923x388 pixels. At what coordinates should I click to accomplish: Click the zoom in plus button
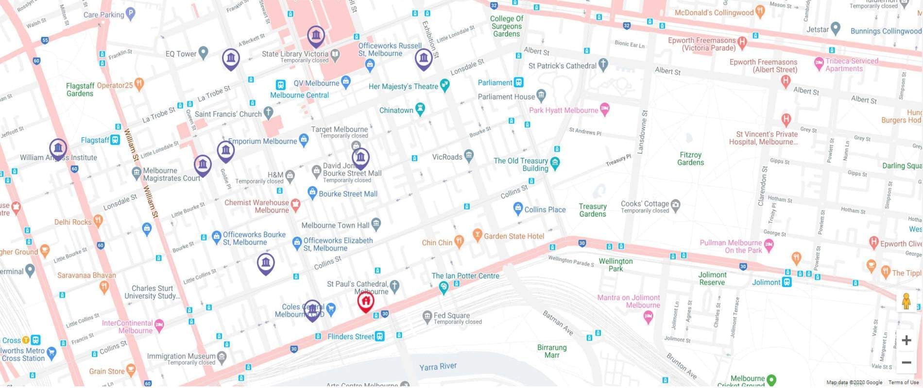tap(906, 340)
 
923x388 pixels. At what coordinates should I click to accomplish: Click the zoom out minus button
tap(906, 362)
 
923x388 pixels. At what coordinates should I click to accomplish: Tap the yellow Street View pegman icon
tap(906, 302)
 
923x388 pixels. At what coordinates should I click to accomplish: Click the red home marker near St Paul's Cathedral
tap(366, 301)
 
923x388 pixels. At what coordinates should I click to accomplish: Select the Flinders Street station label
tap(350, 336)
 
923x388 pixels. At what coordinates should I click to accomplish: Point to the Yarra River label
tap(438, 367)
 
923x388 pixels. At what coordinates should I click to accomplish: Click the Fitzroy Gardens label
tap(690, 159)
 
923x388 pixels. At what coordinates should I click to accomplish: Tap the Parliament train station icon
tap(519, 82)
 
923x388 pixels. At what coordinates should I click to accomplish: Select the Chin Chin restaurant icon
tap(459, 242)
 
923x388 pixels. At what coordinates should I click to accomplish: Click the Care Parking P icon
tap(130, 14)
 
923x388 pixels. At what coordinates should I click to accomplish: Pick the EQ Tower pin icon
tap(204, 52)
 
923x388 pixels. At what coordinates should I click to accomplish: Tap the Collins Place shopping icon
tap(518, 209)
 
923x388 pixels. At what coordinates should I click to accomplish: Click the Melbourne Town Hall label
tap(335, 225)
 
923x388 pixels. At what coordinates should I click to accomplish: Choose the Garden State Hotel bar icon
tap(478, 235)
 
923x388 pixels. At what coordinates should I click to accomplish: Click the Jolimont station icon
tap(786, 282)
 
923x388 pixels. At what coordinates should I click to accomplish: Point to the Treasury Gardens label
tap(593, 210)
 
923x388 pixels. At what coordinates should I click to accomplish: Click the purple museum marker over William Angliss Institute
tap(58, 148)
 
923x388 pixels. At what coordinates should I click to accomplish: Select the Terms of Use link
tap(903, 383)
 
